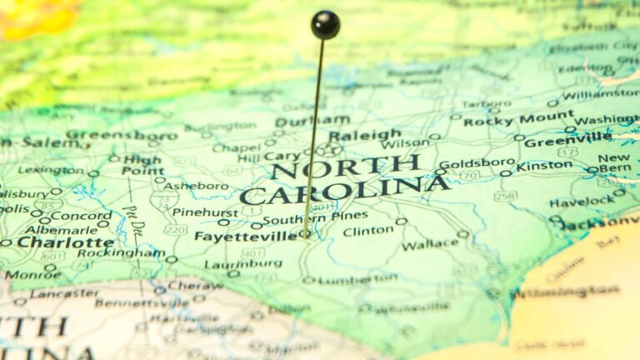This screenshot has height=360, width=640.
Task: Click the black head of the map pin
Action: click(x=325, y=24)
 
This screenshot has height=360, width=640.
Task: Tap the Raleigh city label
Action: click(x=364, y=134)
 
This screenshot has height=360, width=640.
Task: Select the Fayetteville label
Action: click(x=245, y=236)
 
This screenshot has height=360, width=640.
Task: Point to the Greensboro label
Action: click(x=122, y=134)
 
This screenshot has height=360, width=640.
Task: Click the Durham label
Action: click(x=300, y=121)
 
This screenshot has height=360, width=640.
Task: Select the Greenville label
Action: click(x=567, y=141)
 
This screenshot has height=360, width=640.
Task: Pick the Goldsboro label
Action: click(x=477, y=162)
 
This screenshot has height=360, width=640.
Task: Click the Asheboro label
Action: click(x=195, y=186)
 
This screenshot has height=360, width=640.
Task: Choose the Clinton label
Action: click(x=368, y=231)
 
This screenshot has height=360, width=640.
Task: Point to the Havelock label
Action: click(x=582, y=202)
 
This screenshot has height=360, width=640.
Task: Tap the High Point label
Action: click(x=142, y=165)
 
